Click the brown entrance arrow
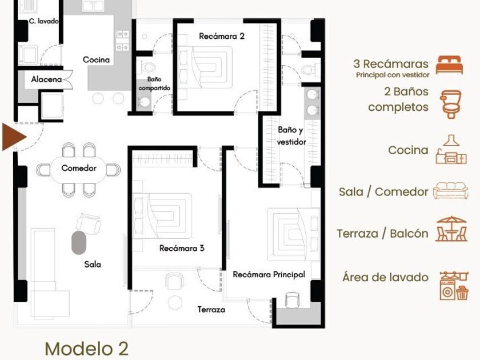tap(14, 137)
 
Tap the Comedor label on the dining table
tap(79, 168)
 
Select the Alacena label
tap(46, 79)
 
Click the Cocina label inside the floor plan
tap(96, 59)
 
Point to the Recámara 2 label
tap(222, 36)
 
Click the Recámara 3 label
tap(182, 248)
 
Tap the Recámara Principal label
tap(269, 274)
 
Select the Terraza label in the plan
tap(211, 310)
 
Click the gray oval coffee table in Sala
tap(79, 243)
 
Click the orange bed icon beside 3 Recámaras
tap(449, 65)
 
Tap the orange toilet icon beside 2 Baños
tap(450, 104)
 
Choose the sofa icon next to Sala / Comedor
tap(451, 191)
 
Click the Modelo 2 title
tap(87, 349)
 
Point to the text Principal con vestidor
tap(393, 75)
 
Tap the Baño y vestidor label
tap(291, 135)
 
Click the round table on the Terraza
tap(175, 302)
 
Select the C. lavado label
tap(43, 21)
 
